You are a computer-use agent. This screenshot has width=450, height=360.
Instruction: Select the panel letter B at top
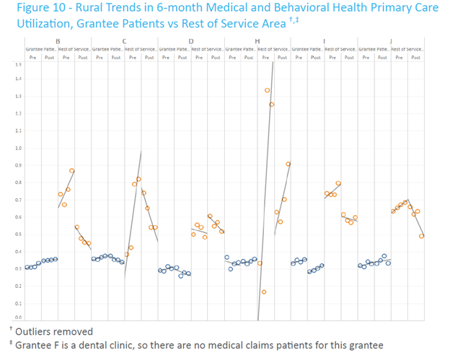coord(58,41)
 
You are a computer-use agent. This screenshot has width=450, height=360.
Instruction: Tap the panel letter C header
coord(125,41)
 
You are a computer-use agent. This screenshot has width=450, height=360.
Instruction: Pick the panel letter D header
coord(190,41)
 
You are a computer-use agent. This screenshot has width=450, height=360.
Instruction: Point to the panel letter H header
coord(257,41)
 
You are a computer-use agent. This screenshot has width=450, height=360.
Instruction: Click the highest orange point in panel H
coord(267,90)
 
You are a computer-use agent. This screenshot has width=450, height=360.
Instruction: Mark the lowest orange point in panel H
coord(264,291)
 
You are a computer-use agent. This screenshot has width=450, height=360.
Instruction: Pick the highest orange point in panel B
coord(71,171)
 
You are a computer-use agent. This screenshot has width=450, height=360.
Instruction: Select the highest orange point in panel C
coord(138,179)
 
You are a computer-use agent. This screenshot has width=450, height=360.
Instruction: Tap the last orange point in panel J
coord(422,236)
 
